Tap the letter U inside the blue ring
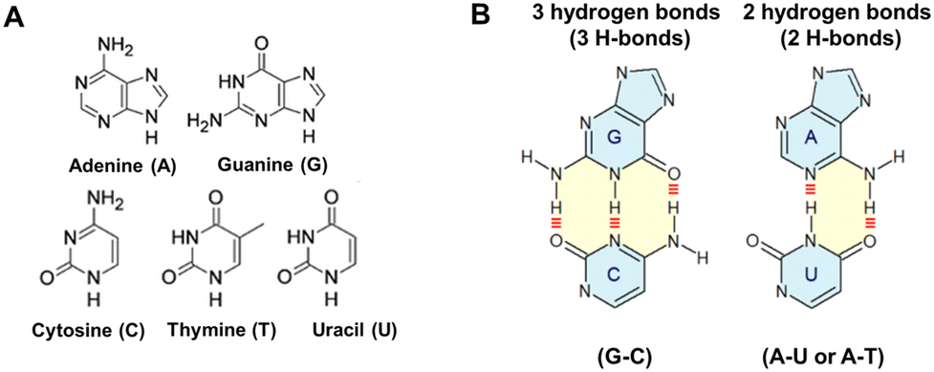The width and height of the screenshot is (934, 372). pyautogui.click(x=814, y=271)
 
